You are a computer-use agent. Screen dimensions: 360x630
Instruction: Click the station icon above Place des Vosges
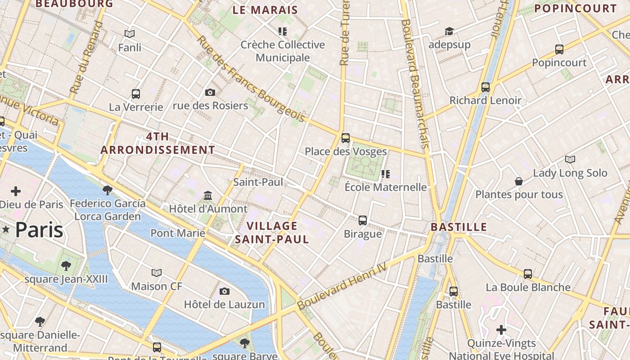pyautogui.click(x=346, y=138)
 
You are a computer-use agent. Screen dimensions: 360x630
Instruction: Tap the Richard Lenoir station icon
pyautogui.click(x=485, y=87)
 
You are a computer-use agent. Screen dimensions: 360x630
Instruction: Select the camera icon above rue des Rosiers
pyautogui.click(x=210, y=92)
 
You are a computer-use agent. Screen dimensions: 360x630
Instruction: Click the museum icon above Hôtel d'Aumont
pyautogui.click(x=208, y=195)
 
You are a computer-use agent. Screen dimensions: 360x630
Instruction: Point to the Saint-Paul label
pyautogui.click(x=258, y=182)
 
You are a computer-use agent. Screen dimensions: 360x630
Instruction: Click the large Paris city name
pyautogui.click(x=39, y=230)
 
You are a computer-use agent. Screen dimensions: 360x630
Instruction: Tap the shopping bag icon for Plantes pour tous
pyautogui.click(x=519, y=181)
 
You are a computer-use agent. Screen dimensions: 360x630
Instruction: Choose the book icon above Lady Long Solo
pyautogui.click(x=570, y=159)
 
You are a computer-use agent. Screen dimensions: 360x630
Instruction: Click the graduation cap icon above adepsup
pyautogui.click(x=449, y=31)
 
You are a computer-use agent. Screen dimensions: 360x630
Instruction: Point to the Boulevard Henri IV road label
pyautogui.click(x=342, y=286)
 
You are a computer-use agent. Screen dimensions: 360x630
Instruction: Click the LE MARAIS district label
pyautogui.click(x=265, y=10)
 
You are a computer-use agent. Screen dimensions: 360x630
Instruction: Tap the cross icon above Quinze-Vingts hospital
pyautogui.click(x=501, y=330)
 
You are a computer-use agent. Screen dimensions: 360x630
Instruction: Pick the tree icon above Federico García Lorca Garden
pyautogui.click(x=107, y=190)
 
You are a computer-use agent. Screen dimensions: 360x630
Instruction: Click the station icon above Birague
pyautogui.click(x=363, y=220)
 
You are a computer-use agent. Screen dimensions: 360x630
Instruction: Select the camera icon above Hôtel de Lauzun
pyautogui.click(x=225, y=291)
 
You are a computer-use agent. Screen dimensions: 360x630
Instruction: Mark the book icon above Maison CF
pyautogui.click(x=157, y=273)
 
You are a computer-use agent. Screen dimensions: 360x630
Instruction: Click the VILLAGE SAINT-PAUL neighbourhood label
pyautogui.click(x=272, y=232)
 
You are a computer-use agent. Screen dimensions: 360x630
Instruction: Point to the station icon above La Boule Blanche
pyautogui.click(x=527, y=274)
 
